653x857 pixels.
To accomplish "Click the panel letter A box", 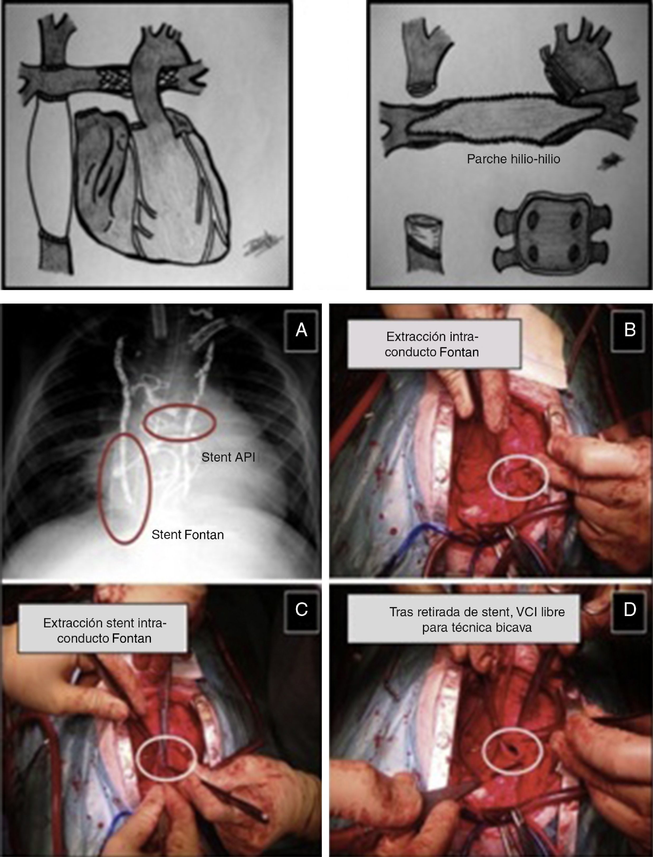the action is pyautogui.click(x=301, y=330).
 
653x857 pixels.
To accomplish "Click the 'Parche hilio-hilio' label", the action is pyautogui.click(x=513, y=159).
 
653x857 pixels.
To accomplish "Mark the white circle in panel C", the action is pyautogui.click(x=167, y=759).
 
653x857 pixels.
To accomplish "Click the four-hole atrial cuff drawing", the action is pyautogui.click(x=552, y=234).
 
